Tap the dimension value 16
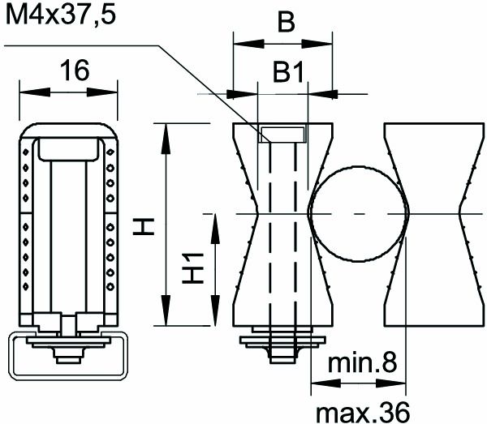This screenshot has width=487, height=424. (74, 71)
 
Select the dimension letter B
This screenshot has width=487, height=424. (284, 23)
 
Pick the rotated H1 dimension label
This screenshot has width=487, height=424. (192, 268)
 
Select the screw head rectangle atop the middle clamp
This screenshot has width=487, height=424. (282, 134)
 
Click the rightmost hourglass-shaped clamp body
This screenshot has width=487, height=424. (427, 223)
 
